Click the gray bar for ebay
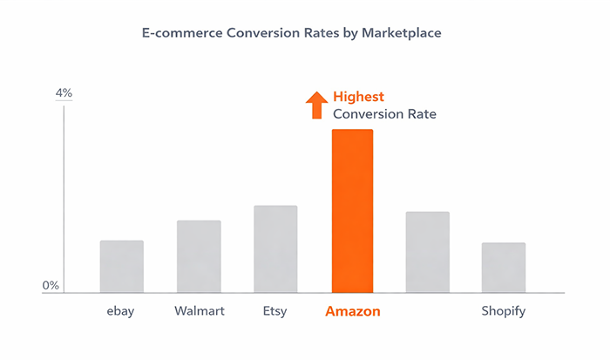[122, 267]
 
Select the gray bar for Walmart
[199, 256]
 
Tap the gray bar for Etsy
[275, 249]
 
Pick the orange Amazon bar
[352, 211]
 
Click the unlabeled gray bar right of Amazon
[428, 252]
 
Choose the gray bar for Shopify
[504, 268]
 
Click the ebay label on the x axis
[121, 311]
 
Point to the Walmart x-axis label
[198, 311]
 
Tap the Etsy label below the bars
[275, 311]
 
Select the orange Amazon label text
[353, 311]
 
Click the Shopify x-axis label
[504, 312]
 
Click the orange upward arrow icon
[316, 105]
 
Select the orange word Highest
[358, 97]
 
